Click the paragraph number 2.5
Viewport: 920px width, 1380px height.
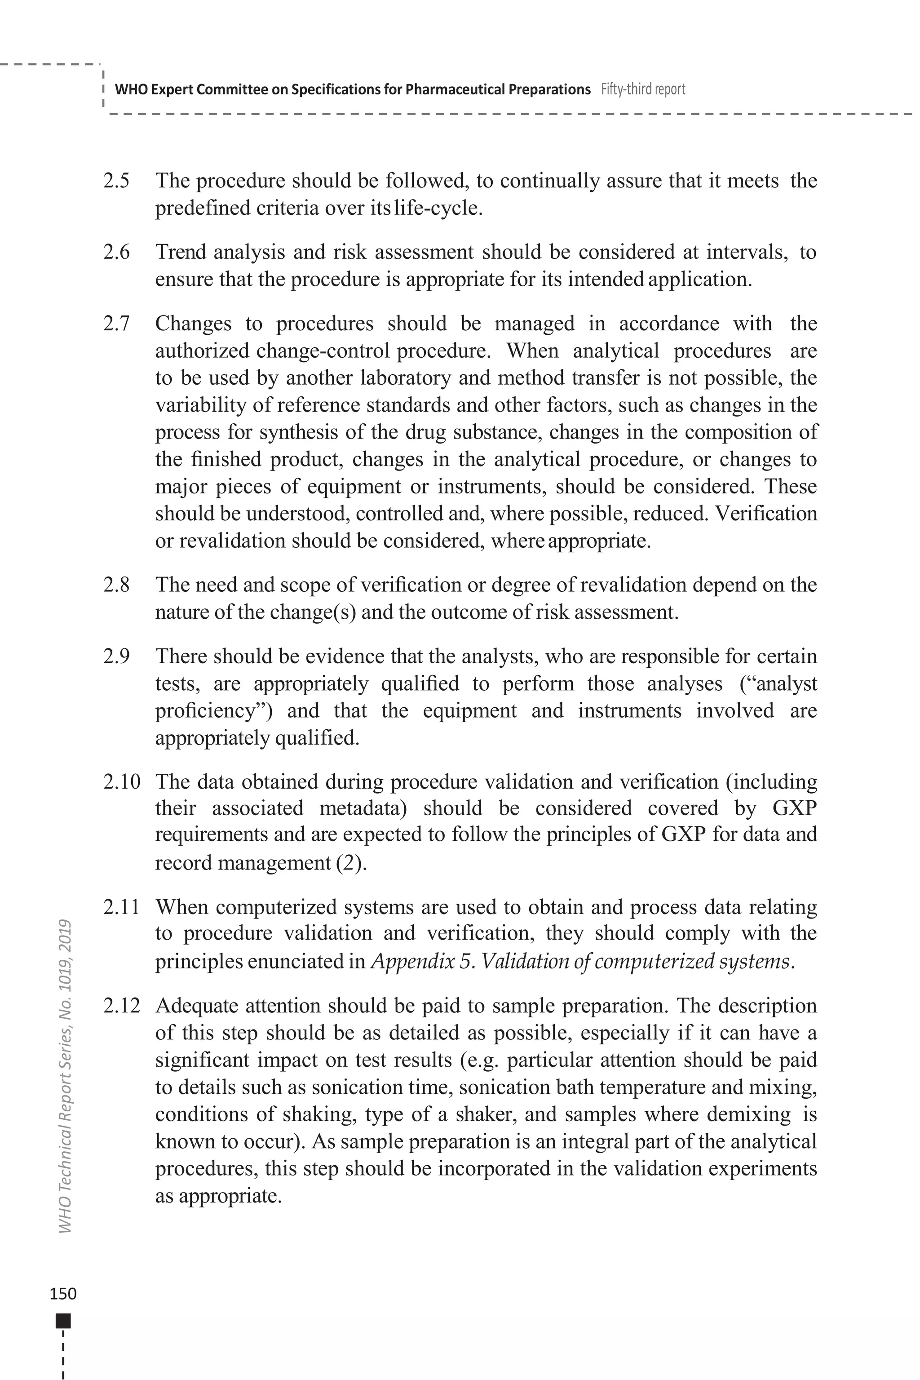pos(116,181)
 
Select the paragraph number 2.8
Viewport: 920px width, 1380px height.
pos(116,585)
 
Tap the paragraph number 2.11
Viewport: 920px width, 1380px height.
pos(121,907)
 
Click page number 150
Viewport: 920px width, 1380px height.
pos(63,1294)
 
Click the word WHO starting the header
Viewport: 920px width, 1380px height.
pos(127,89)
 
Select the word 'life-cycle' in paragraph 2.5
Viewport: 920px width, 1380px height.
pos(437,208)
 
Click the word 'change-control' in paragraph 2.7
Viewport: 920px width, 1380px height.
pos(323,351)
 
